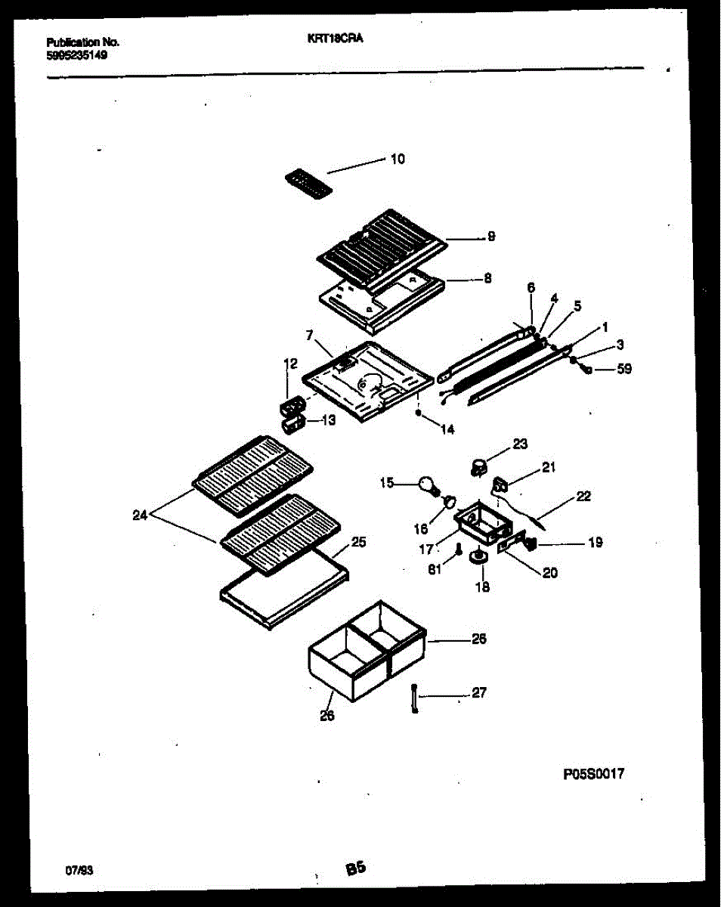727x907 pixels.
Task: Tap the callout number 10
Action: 398,159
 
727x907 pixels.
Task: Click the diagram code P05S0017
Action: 595,773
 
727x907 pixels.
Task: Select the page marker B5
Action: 356,869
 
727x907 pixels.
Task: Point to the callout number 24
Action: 140,516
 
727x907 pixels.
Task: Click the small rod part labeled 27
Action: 414,697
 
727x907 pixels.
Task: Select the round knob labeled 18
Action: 478,558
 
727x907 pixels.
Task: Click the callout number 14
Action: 447,429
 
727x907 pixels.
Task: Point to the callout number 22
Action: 583,497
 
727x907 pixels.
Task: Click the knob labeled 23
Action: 479,466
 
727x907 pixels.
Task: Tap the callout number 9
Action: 490,237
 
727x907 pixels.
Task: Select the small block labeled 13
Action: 293,425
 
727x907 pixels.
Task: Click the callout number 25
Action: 359,541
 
